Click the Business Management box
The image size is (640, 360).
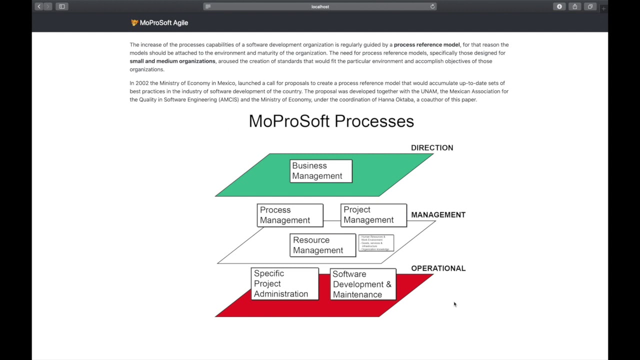(321, 171)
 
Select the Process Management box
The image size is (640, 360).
(290, 215)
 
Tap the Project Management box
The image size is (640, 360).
(373, 215)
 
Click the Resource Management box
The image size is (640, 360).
(322, 245)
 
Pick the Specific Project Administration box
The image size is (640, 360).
(284, 283)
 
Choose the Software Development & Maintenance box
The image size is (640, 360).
(363, 284)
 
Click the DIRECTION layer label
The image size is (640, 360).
(432, 148)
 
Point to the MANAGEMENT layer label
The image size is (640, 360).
(438, 215)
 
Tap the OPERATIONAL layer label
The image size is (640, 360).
(438, 268)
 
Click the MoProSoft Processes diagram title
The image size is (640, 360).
(331, 121)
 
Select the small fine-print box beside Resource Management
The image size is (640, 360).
(376, 243)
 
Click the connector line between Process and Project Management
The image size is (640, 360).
(332, 220)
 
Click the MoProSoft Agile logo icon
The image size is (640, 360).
(134, 22)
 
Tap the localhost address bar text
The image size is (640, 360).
(320, 6)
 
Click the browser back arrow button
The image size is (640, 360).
(39, 6)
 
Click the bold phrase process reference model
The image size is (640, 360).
(426, 44)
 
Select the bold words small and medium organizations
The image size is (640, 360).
(172, 61)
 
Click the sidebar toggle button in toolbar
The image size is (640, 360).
(62, 6)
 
